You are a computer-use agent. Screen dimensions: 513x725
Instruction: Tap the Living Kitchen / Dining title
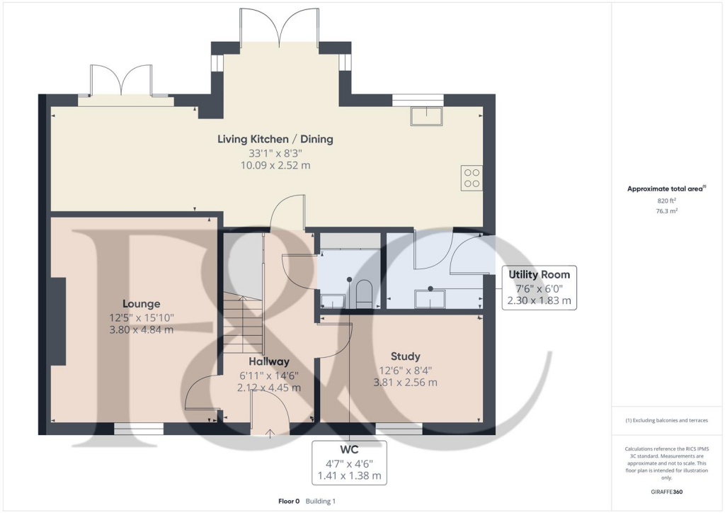(x=275, y=139)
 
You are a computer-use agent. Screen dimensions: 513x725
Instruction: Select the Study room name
(x=405, y=356)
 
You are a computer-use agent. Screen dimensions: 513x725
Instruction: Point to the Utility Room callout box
(x=539, y=288)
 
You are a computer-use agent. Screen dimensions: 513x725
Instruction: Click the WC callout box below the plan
(x=350, y=462)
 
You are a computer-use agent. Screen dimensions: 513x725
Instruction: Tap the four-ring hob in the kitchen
(x=472, y=177)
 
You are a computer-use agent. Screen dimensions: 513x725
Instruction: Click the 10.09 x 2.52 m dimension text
(x=275, y=165)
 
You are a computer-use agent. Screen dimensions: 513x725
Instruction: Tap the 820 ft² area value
(x=665, y=201)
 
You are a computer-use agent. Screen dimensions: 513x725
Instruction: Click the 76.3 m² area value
(x=665, y=211)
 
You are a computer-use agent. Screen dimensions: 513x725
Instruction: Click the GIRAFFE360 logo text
(x=666, y=491)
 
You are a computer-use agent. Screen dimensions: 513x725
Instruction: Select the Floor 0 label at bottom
(x=290, y=501)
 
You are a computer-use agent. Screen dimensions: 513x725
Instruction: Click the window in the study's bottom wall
(x=399, y=428)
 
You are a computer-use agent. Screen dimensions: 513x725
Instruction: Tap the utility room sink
(x=430, y=300)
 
